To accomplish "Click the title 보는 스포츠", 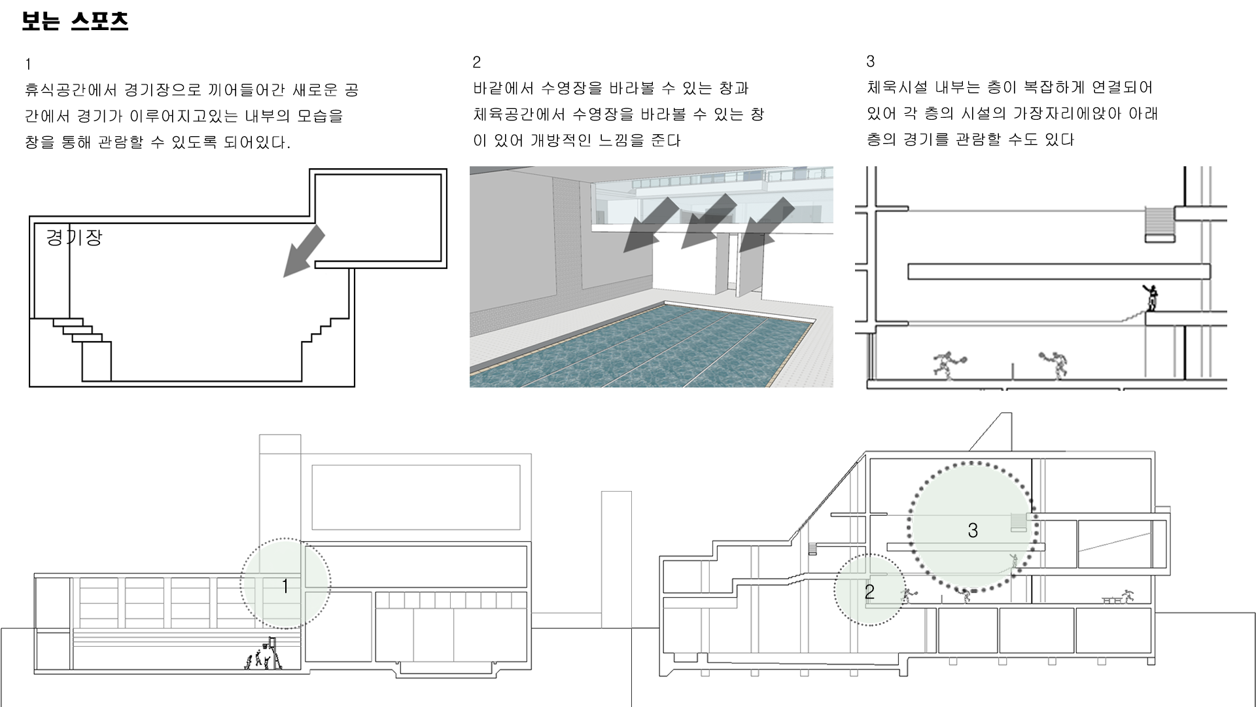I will (x=75, y=22).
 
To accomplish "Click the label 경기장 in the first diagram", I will (x=74, y=237).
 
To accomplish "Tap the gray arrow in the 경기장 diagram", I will (x=304, y=251).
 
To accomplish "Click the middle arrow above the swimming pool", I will (x=708, y=221).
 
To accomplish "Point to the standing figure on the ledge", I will (x=1151, y=298).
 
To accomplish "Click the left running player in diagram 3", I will (x=947, y=365).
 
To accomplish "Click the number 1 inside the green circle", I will (x=285, y=587).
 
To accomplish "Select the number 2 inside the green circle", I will (x=869, y=592).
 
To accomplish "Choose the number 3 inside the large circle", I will (x=973, y=530).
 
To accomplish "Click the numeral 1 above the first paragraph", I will (x=28, y=64).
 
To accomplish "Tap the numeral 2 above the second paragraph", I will (x=476, y=62).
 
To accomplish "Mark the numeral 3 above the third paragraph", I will (x=870, y=62).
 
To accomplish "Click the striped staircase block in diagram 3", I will (x=1160, y=225).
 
